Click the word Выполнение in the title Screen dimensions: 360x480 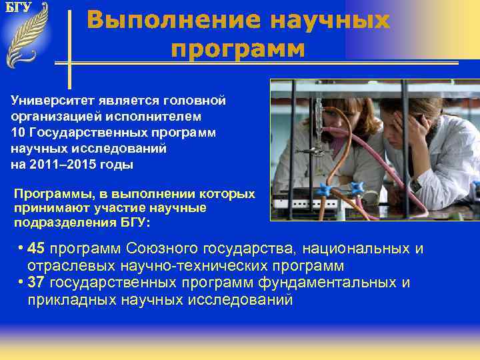174,20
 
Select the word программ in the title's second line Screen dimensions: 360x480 237,49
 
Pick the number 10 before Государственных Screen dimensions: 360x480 18,133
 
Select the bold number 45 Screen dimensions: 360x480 38,249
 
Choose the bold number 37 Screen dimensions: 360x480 37,282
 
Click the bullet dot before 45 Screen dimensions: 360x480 22,248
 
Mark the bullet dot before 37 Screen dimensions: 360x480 22,281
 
